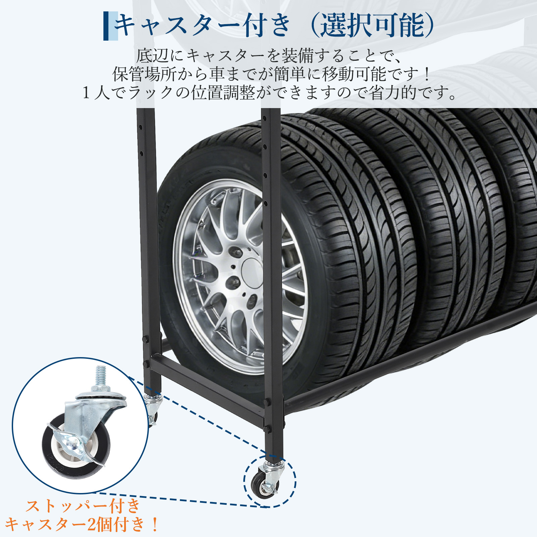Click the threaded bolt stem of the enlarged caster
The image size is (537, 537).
(x=101, y=376)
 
